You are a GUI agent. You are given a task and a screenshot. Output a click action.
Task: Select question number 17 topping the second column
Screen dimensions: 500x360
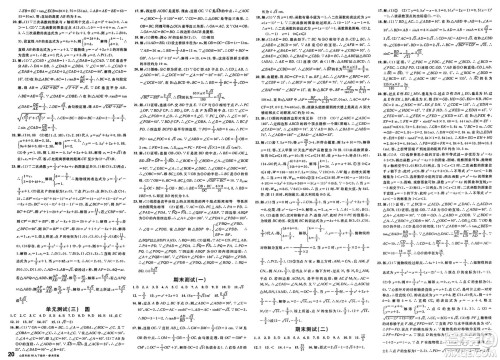coord(132,6)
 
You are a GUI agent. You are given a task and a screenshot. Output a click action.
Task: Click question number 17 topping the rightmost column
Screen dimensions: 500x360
coord(381,6)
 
